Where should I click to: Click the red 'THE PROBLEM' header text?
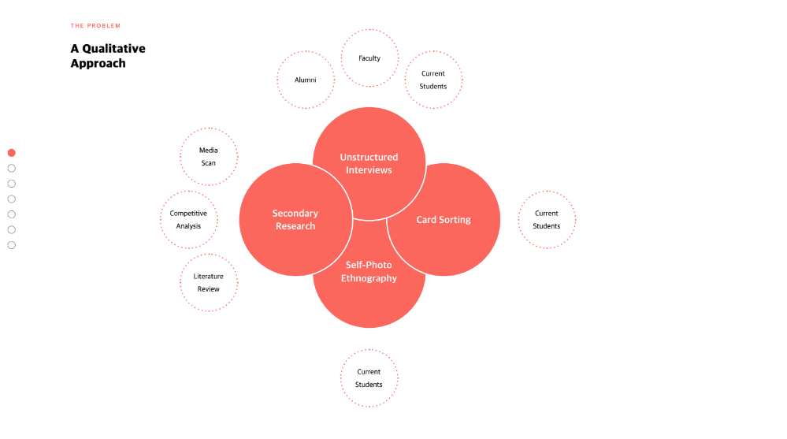pyautogui.click(x=95, y=26)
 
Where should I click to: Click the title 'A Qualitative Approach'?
pyautogui.click(x=108, y=56)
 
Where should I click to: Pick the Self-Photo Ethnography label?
pyautogui.click(x=369, y=272)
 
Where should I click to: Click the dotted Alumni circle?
pyautogui.click(x=306, y=80)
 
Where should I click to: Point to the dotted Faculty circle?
pyautogui.click(x=369, y=58)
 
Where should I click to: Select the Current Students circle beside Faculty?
pyautogui.click(x=433, y=80)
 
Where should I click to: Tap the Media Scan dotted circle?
pyautogui.click(x=208, y=156)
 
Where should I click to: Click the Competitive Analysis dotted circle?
pyautogui.click(x=188, y=220)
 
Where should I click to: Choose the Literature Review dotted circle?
pyautogui.click(x=208, y=283)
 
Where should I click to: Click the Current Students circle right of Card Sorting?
pyautogui.click(x=547, y=220)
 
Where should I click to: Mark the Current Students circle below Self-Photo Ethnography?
pyautogui.click(x=369, y=378)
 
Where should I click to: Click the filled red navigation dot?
pyautogui.click(x=12, y=153)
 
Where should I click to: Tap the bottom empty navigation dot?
pyautogui.click(x=12, y=245)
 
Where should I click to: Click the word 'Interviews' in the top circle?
pyautogui.click(x=369, y=170)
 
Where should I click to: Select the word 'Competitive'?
pyautogui.click(x=188, y=214)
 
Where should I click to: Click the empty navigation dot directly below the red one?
pyautogui.click(x=12, y=168)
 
